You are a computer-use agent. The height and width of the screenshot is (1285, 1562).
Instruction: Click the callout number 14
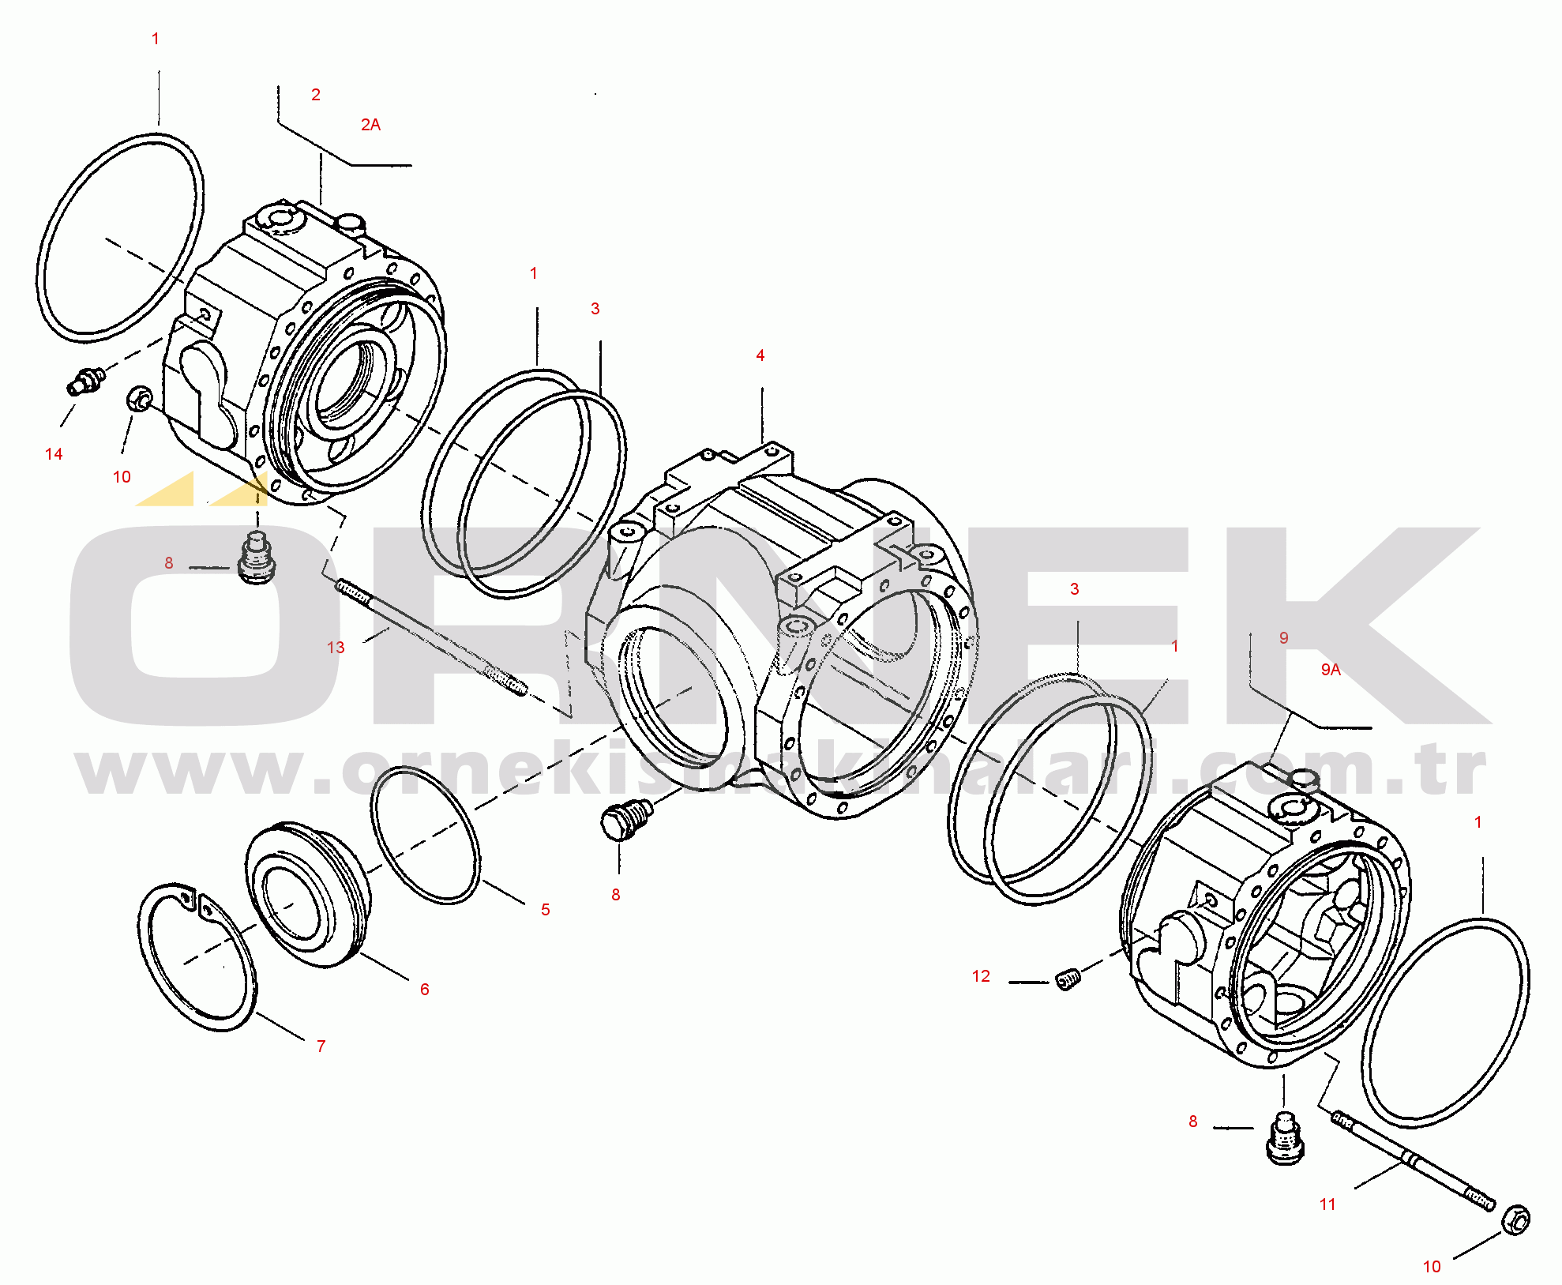(x=54, y=454)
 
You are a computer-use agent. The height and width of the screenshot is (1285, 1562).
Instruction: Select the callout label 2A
(x=370, y=125)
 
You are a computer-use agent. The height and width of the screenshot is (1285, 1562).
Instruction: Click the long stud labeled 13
(x=431, y=638)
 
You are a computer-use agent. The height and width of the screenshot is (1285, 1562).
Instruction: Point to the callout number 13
(x=336, y=648)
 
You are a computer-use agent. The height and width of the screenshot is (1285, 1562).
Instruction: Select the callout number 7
(x=321, y=1046)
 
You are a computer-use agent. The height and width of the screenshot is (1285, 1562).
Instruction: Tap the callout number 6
(x=424, y=990)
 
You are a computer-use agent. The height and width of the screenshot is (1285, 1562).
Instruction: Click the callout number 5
(x=545, y=910)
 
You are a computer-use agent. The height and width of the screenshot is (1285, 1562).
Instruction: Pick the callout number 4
(x=760, y=356)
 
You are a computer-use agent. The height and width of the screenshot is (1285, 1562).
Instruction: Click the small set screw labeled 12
(x=1068, y=980)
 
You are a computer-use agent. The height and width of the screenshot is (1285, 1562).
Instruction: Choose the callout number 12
(x=981, y=977)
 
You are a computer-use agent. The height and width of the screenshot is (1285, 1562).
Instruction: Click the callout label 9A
(x=1331, y=670)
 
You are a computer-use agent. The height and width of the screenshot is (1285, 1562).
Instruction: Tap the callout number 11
(x=1327, y=1204)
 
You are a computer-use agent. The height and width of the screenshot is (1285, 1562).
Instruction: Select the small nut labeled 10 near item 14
(x=139, y=399)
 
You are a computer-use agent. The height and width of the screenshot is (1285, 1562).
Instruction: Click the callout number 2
(x=316, y=95)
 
